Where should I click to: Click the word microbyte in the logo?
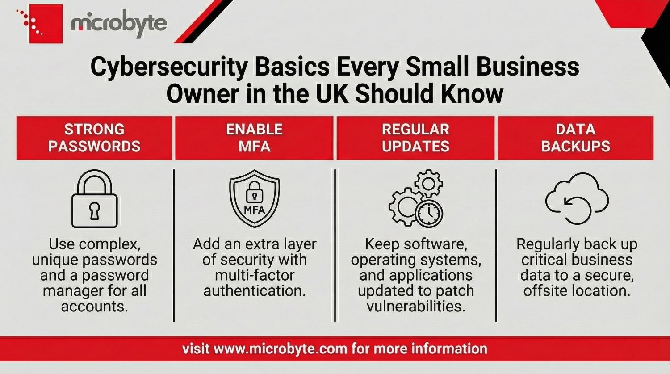(x=119, y=23)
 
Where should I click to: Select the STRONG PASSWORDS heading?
(x=94, y=138)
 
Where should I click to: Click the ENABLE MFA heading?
(x=254, y=138)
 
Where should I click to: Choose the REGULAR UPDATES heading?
(x=415, y=138)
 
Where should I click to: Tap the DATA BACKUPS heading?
(x=575, y=138)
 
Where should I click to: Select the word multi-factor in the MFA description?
(x=255, y=275)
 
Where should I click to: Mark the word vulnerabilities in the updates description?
(x=416, y=306)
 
